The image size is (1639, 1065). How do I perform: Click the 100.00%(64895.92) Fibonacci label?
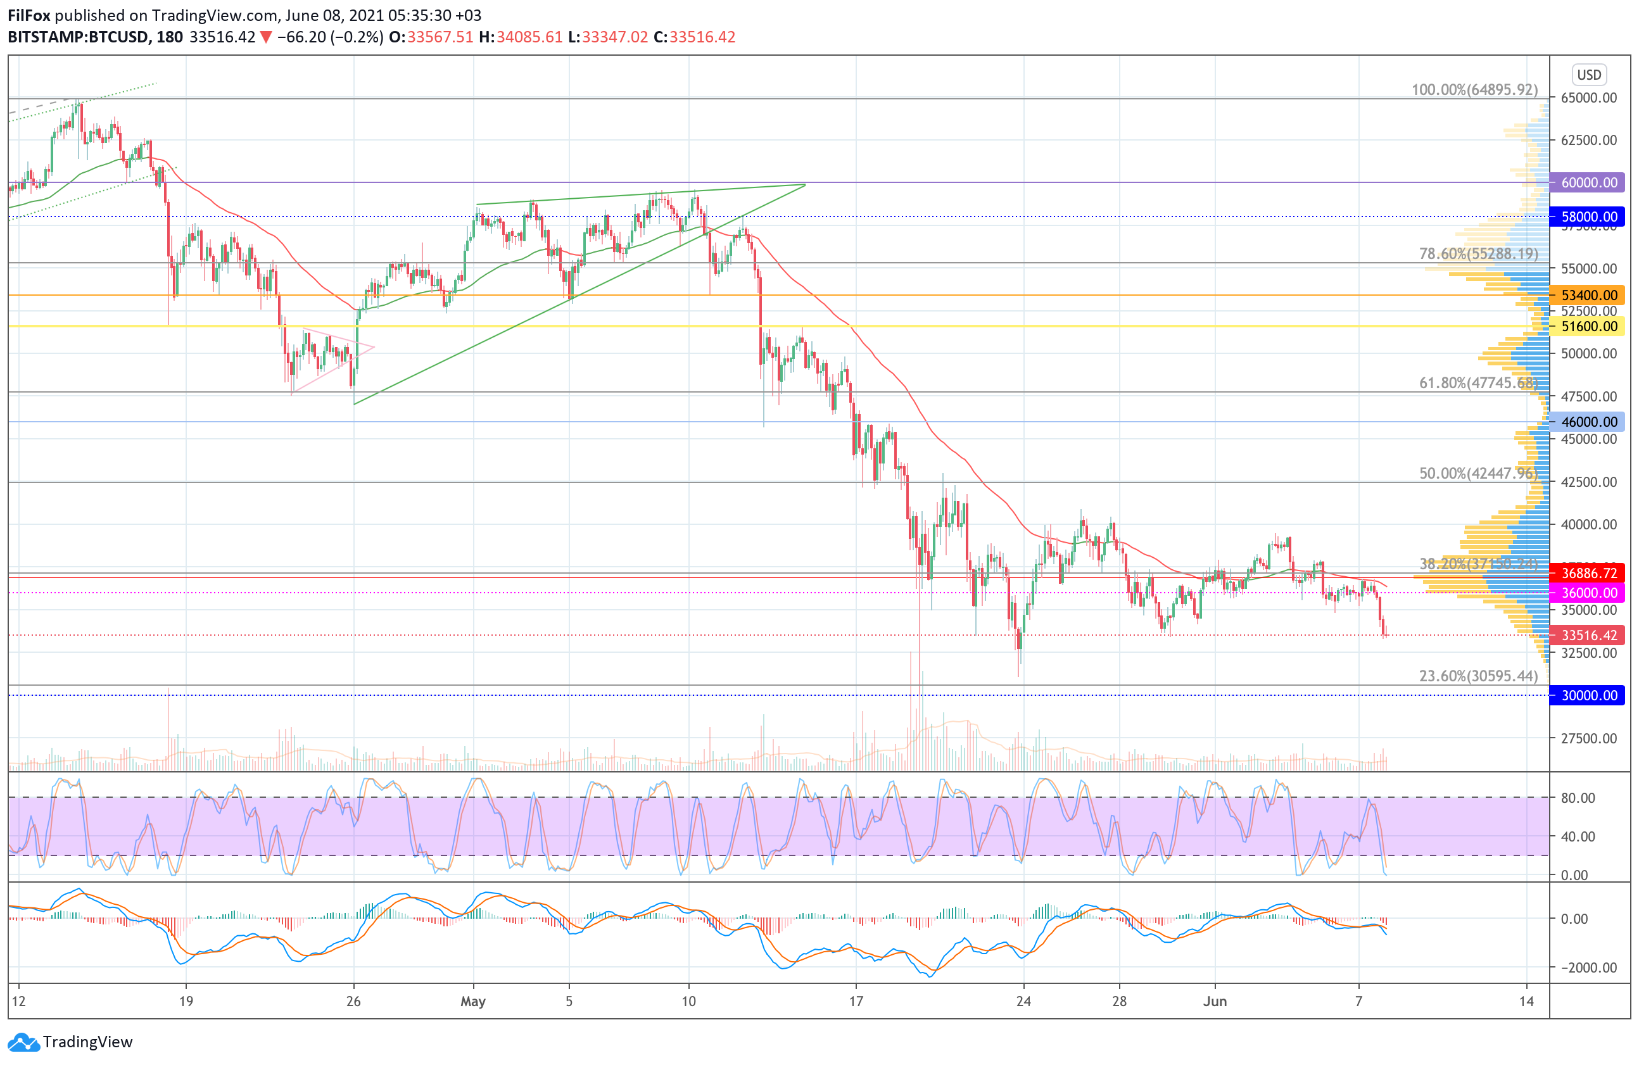1474,90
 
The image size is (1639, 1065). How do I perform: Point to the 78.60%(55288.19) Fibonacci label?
1479,254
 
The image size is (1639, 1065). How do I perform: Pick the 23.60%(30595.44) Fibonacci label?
1479,676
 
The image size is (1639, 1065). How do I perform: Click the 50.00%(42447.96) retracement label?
1479,474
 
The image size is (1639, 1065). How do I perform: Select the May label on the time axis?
473,1002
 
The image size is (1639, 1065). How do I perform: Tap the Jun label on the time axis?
1215,1002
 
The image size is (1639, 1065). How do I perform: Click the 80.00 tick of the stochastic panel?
1578,798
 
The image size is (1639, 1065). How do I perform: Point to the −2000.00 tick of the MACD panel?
1583,968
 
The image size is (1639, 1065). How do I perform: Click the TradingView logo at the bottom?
70,1042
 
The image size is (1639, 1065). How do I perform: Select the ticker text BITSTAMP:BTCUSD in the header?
78,37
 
